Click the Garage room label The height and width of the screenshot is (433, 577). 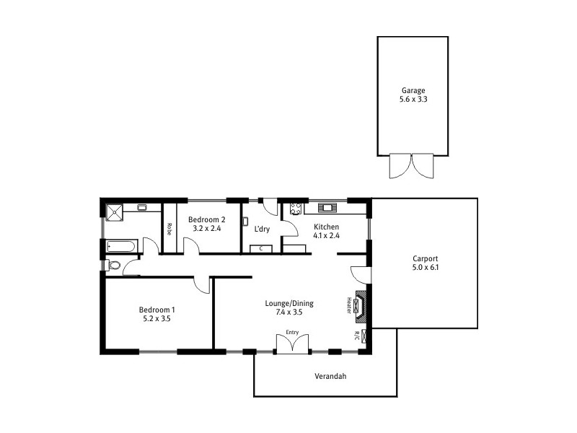click(413, 91)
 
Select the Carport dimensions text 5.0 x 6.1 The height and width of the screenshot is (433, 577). click(426, 267)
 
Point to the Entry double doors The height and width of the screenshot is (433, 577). click(292, 344)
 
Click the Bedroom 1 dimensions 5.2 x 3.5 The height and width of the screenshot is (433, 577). click(157, 318)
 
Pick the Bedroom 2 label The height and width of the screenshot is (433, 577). click(207, 219)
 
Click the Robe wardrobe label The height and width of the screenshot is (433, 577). click(169, 229)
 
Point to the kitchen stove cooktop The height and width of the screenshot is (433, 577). click(296, 209)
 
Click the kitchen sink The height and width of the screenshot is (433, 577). click(328, 208)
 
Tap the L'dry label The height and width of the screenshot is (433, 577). click(263, 229)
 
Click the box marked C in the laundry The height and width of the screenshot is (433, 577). click(260, 248)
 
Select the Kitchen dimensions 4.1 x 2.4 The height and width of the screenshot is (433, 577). click(326, 235)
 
